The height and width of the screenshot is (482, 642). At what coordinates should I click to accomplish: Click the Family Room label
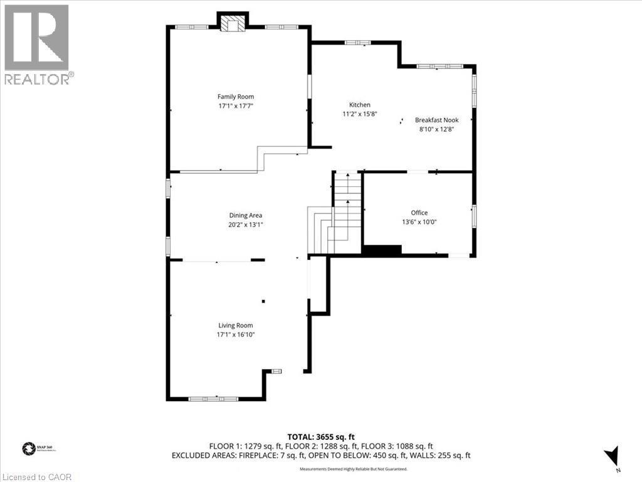coord(236,97)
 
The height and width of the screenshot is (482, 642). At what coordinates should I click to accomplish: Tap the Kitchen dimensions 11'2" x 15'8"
coord(360,114)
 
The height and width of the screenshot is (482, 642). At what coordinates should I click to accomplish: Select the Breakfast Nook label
coord(436,119)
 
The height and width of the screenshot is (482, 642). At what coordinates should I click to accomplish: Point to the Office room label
coord(419,213)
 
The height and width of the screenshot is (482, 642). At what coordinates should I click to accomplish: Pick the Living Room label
coord(236,325)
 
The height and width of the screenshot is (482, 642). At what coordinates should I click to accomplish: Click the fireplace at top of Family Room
coord(233,24)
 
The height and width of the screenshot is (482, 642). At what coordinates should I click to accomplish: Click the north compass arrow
coord(612,456)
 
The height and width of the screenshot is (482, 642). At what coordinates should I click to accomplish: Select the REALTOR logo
coord(38,44)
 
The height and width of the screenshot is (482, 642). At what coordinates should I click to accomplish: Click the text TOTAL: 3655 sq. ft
coord(320,436)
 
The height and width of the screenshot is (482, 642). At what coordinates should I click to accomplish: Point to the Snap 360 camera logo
coord(28,448)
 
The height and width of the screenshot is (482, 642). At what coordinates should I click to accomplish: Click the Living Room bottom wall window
coord(213,398)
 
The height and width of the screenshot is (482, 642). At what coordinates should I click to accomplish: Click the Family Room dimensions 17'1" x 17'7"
coord(236,106)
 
